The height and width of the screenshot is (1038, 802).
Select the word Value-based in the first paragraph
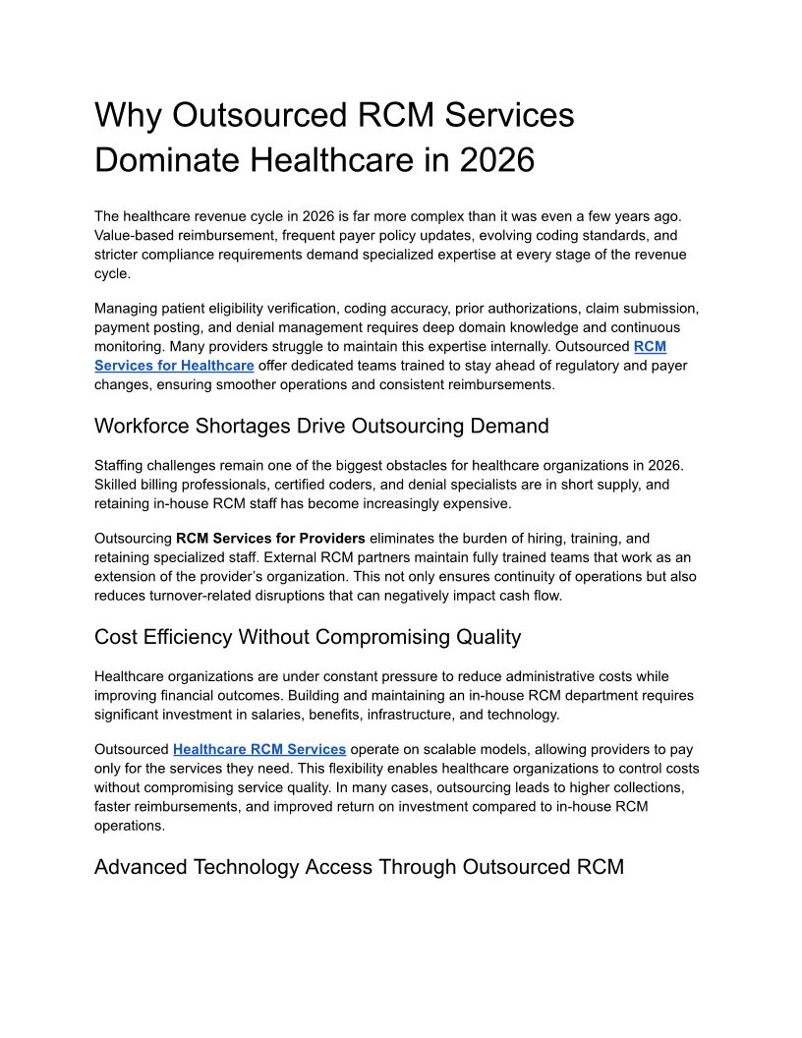pyautogui.click(x=133, y=236)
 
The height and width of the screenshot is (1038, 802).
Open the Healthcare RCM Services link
pyautogui.click(x=259, y=750)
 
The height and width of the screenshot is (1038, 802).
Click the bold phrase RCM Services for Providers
pyautogui.click(x=270, y=539)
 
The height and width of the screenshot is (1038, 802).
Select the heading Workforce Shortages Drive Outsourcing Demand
pyautogui.click(x=321, y=426)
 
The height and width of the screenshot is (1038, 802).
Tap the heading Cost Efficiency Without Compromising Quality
pyautogui.click(x=308, y=637)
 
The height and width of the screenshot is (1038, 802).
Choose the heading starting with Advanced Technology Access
pyautogui.click(x=359, y=867)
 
